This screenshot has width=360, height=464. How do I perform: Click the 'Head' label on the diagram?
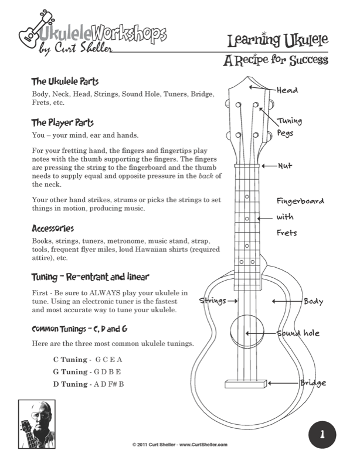[x=287, y=90]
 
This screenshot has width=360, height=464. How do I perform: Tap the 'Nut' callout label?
[x=284, y=166]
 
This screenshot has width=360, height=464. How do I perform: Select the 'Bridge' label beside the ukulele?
[x=313, y=383]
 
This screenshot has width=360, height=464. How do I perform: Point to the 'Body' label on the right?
[x=313, y=301]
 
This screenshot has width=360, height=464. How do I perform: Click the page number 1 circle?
[x=322, y=435]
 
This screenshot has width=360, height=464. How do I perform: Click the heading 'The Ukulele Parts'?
[x=65, y=81]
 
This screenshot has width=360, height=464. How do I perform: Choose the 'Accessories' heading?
[x=53, y=228]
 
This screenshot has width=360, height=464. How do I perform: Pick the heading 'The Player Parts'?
[x=63, y=123]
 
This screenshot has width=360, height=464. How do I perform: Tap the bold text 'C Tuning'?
[x=70, y=359]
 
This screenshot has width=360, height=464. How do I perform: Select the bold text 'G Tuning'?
[x=70, y=371]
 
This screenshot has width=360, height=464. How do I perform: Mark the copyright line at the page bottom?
[x=179, y=445]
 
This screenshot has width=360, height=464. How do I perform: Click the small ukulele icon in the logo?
[x=29, y=35]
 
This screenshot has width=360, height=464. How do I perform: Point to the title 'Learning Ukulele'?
[x=278, y=40]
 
